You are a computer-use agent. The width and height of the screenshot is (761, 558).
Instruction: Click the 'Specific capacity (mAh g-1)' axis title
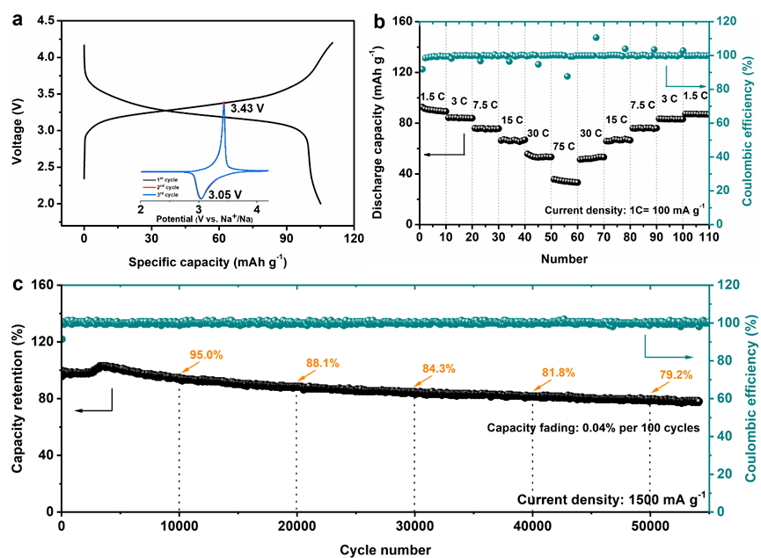[x=208, y=262]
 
